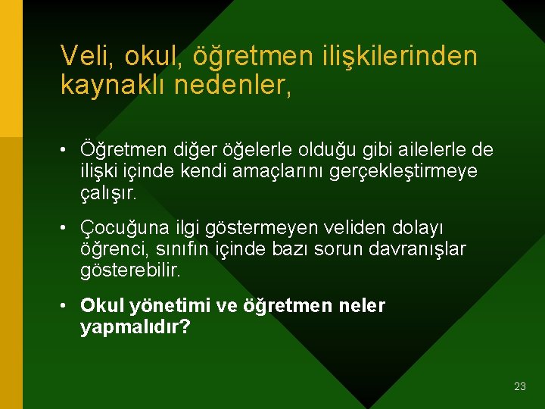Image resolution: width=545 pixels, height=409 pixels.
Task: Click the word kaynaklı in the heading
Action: [113, 85]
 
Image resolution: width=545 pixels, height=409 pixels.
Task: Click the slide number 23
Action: [519, 386]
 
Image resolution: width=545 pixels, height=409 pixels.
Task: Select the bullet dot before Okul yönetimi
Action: [67, 306]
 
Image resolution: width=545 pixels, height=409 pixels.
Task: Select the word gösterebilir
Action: [130, 270]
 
